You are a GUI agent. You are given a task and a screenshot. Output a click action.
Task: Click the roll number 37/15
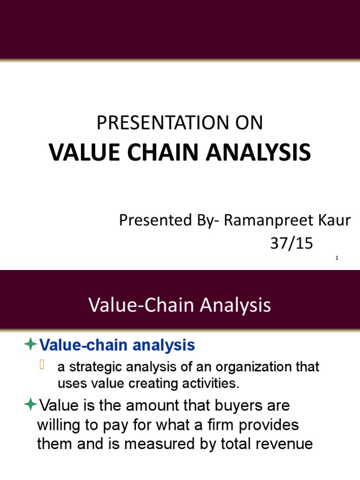click(x=291, y=243)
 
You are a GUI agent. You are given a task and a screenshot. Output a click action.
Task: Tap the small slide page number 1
click(x=337, y=258)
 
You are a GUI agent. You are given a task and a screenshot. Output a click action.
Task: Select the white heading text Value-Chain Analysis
click(x=180, y=306)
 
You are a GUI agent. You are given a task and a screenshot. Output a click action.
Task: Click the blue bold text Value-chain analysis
click(x=117, y=345)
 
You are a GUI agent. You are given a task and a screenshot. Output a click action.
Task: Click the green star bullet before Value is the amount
click(x=30, y=404)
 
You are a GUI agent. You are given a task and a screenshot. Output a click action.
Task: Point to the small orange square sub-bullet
click(x=42, y=366)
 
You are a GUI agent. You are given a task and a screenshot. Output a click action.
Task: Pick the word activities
click(x=214, y=384)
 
